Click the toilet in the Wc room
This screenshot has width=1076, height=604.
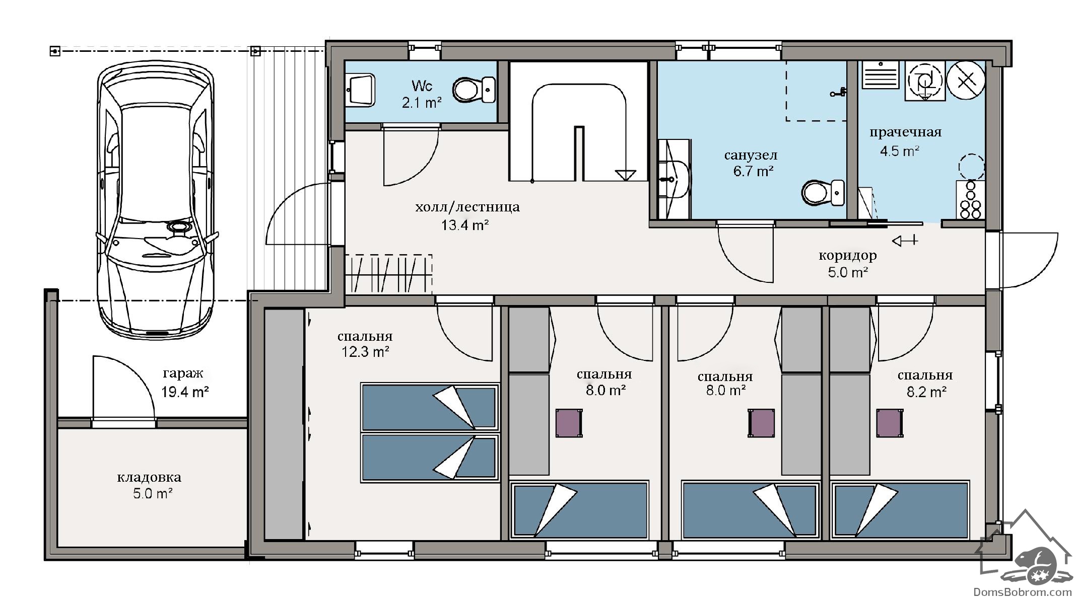click(474, 90)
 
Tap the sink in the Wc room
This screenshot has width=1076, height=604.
click(361, 90)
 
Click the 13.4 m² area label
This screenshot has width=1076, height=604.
click(465, 225)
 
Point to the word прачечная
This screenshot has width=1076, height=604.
click(905, 132)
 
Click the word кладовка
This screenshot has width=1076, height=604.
click(149, 477)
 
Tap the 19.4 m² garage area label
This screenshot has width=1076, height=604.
click(185, 392)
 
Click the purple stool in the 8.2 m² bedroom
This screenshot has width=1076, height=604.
click(889, 423)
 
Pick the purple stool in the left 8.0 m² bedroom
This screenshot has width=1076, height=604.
click(569, 423)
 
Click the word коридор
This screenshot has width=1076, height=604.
click(848, 256)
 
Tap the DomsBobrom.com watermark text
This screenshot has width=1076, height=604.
click(1022, 592)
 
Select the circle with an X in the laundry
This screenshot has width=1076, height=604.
click(966, 80)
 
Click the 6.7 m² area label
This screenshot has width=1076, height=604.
click(753, 171)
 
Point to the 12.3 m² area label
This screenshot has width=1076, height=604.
click(365, 352)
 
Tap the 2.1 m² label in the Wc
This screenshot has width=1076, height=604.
click(422, 103)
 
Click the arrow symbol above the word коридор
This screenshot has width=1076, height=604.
click(905, 241)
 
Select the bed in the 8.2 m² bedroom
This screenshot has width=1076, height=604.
click(900, 510)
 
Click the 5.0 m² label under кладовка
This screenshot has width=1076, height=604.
click(153, 494)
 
